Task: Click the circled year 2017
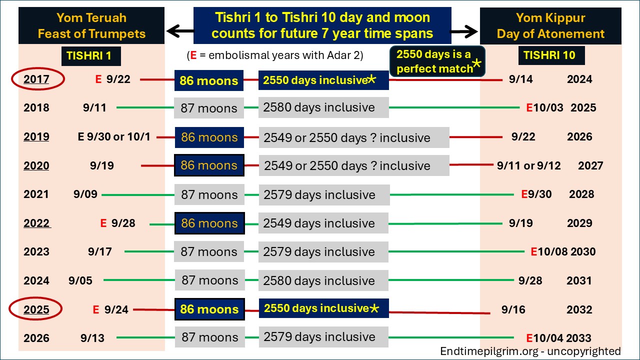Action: [x=36, y=79]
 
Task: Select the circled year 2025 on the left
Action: [x=36, y=309]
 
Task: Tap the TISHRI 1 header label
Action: [x=91, y=56]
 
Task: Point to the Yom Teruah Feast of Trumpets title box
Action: [x=91, y=26]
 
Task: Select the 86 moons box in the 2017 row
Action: [x=209, y=80]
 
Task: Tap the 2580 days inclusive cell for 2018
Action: [x=323, y=107]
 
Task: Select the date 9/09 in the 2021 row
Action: [x=85, y=194]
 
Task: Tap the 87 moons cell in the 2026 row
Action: [x=209, y=337]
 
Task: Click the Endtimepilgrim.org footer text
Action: [x=530, y=351]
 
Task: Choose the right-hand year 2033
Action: [x=579, y=338]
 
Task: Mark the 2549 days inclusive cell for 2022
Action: [x=323, y=223]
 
